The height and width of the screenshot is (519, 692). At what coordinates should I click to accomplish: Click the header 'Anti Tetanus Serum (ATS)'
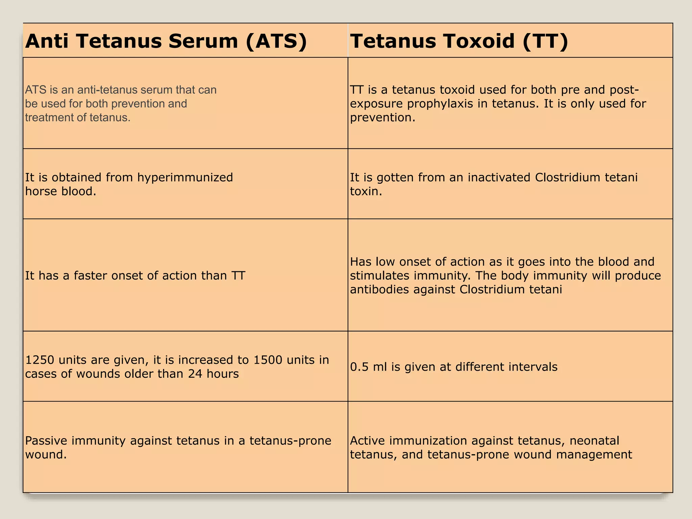pyautogui.click(x=166, y=41)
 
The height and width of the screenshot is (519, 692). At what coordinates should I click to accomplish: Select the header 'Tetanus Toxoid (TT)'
pyautogui.click(x=459, y=41)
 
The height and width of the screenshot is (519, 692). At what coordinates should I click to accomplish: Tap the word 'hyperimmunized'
pyautogui.click(x=185, y=177)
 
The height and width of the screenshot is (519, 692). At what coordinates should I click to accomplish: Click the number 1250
pyautogui.click(x=40, y=360)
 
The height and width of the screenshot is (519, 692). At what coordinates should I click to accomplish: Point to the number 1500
pyautogui.click(x=268, y=360)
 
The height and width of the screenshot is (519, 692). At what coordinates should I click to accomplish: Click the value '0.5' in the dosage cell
pyautogui.click(x=359, y=367)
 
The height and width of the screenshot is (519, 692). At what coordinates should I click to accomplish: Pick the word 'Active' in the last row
pyautogui.click(x=369, y=441)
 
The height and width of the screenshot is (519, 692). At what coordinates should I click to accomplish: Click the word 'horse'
pyautogui.click(x=41, y=192)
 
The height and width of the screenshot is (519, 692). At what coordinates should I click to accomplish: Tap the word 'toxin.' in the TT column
pyautogui.click(x=366, y=192)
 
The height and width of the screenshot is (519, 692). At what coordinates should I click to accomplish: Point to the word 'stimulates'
pyautogui.click(x=379, y=276)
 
